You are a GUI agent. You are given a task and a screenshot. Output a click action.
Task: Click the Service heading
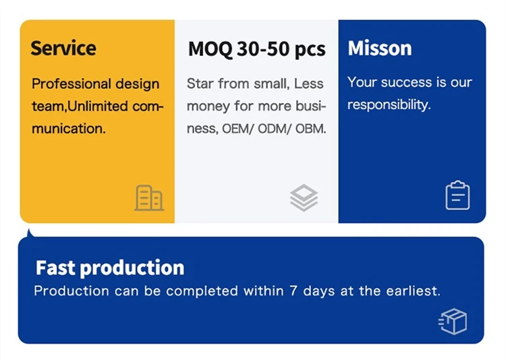coord(63,49)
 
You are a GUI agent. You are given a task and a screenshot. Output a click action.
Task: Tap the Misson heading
coord(379,49)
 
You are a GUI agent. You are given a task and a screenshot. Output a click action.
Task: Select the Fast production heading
coord(110,268)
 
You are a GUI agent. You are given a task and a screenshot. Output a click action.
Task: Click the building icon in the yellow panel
coord(149,198)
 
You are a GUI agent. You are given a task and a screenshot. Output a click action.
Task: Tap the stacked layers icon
coord(304,198)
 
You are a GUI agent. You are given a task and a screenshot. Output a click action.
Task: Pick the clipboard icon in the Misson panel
coord(457,196)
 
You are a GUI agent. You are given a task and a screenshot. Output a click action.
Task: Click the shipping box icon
coord(453,322)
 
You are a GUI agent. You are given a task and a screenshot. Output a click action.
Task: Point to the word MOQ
coord(210,49)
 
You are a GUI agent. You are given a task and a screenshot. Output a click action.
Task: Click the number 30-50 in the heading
coord(263,49)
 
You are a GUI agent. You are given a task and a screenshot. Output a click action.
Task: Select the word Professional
coord(71,84)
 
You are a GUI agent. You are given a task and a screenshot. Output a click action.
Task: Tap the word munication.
coord(68,129)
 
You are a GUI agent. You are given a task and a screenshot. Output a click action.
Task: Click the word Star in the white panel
coord(200,84)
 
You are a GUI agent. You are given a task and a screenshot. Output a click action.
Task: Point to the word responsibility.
coord(389,105)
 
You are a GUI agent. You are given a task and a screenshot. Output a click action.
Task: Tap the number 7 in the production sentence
coord(293,291)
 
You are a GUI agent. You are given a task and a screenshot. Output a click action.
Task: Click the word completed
coord(202,291)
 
